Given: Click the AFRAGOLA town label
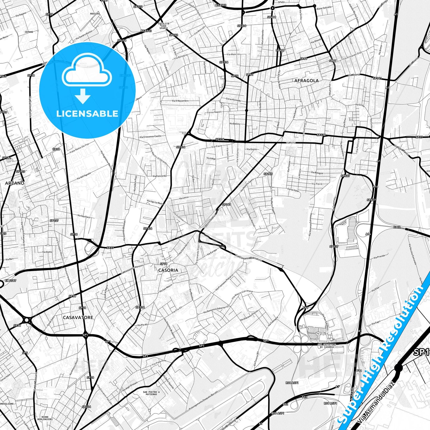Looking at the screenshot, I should (306, 80).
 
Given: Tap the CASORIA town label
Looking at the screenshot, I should (168, 270).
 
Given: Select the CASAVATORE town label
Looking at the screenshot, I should (78, 318).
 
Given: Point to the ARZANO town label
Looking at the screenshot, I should (15, 183).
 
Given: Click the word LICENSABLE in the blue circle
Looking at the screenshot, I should (87, 113).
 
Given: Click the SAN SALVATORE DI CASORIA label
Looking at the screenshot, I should (326, 346).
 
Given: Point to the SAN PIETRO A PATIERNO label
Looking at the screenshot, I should (151, 393).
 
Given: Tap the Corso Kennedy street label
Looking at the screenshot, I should (233, 99).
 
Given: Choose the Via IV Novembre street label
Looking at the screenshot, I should (180, 101).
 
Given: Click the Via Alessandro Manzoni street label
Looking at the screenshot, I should (132, 269).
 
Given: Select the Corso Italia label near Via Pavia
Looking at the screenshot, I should (293, 190).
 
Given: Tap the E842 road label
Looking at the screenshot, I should (397, 227).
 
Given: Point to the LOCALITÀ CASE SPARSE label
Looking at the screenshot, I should (164, 26).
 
